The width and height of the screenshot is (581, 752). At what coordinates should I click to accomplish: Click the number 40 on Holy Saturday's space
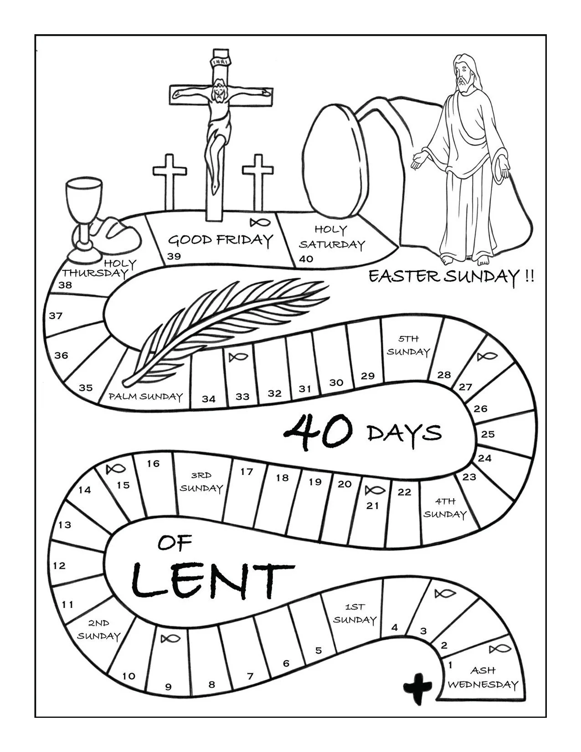[x=306, y=259]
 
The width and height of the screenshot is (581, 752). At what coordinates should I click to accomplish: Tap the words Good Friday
[x=221, y=240]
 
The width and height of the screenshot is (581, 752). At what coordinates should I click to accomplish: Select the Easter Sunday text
[x=450, y=276]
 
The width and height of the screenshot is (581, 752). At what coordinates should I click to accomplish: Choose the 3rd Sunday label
[x=201, y=482]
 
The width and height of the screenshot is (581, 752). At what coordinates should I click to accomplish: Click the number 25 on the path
[x=488, y=434]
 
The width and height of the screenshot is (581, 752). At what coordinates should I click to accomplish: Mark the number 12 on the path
[x=59, y=566]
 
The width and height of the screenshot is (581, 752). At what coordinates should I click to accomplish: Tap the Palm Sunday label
[x=145, y=397]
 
